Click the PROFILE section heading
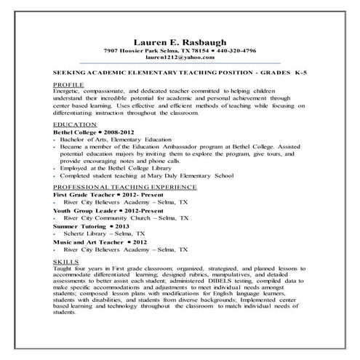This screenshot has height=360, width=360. coord(68,84)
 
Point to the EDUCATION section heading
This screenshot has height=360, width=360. coord(73,124)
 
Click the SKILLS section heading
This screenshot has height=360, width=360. coord(65,259)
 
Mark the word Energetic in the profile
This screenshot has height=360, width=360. coord(70,92)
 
